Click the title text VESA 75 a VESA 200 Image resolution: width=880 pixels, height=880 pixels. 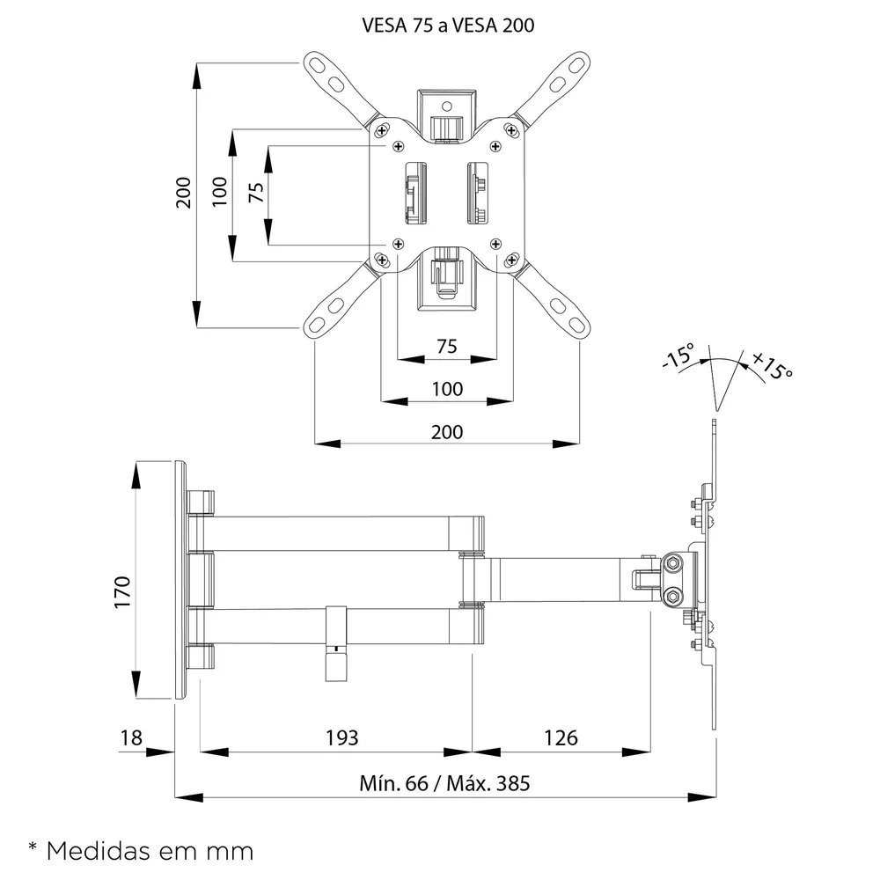448,26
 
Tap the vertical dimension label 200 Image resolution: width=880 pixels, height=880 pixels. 184,193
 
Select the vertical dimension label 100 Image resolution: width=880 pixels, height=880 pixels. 219,191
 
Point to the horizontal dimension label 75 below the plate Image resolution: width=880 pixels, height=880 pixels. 447,346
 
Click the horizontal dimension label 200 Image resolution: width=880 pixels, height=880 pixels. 447,431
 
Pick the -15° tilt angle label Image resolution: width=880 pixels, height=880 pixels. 678,356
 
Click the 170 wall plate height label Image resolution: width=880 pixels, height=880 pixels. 121,591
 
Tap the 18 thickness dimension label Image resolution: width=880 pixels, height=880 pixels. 131,737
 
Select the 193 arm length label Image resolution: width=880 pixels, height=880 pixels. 341,737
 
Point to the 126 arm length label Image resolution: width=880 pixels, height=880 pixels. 561,737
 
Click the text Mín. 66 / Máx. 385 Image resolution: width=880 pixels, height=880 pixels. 444,783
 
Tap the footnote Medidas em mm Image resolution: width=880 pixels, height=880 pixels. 150,851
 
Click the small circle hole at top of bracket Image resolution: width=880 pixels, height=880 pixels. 447,106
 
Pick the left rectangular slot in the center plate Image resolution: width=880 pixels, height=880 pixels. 415,193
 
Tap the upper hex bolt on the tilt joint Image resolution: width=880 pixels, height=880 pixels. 672,561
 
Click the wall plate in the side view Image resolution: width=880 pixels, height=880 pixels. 180,580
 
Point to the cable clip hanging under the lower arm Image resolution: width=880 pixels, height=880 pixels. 335,644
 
